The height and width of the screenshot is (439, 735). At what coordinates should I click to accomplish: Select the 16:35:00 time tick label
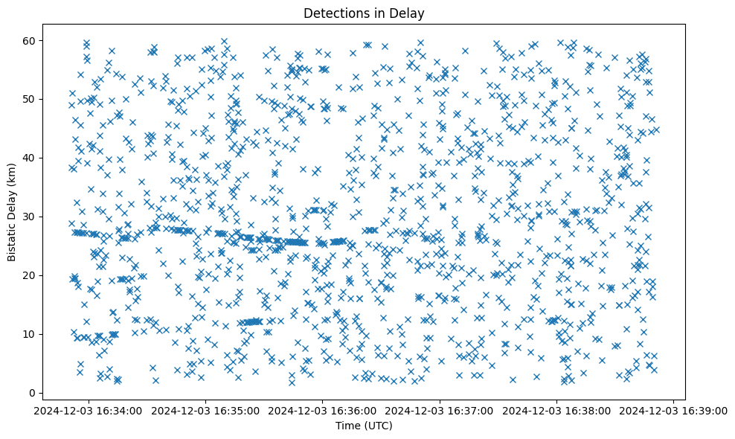click(205, 410)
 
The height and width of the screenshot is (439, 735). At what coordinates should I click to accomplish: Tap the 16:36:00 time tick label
click(322, 410)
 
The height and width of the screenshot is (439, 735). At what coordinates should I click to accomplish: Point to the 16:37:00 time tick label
click(440, 410)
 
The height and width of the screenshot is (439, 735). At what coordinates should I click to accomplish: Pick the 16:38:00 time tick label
click(556, 410)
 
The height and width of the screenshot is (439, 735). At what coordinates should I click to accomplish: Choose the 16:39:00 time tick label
click(674, 410)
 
